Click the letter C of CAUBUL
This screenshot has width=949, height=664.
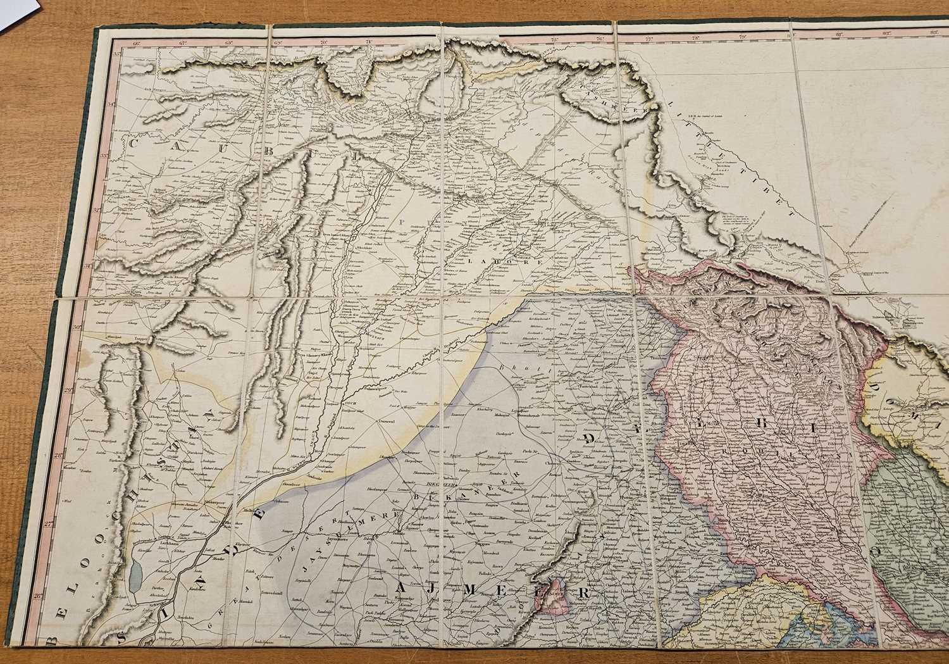tap(134, 144)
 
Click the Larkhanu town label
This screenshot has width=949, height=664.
tap(145, 543)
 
